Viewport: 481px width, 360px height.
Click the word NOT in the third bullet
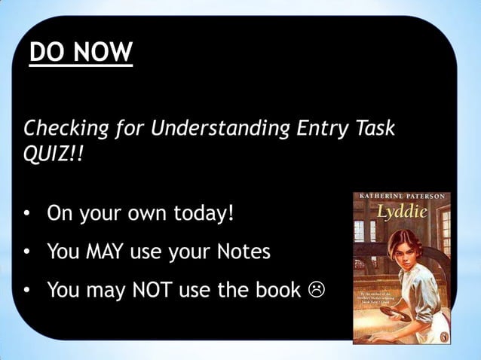pos(156,289)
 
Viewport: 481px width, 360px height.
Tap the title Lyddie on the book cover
pos(402,212)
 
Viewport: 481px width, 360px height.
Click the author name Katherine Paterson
pos(402,197)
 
